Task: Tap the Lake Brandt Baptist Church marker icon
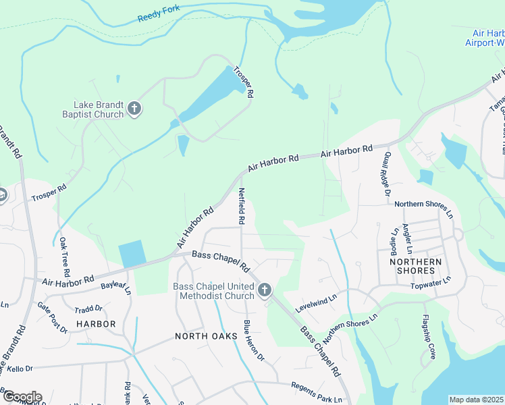[134, 109]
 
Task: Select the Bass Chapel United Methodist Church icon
[264, 291]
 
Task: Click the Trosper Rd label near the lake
[243, 82]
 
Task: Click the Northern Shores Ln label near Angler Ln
[423, 203]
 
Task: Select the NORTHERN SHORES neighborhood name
[415, 266]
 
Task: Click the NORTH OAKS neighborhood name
[206, 335]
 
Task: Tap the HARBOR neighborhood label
[96, 324]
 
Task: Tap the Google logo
[22, 396]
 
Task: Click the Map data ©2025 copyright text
[476, 400]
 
